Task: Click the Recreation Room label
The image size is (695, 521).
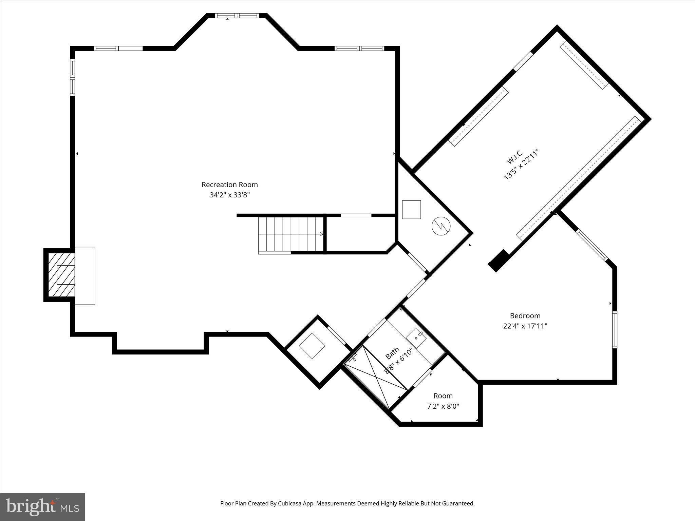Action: click(x=229, y=185)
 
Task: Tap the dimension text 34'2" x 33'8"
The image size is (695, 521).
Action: click(x=229, y=195)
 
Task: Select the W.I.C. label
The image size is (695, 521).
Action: click(x=515, y=157)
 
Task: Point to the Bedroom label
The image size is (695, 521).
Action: click(x=525, y=316)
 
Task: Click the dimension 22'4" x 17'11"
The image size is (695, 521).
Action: click(x=525, y=326)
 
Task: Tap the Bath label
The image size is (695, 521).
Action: click(x=392, y=353)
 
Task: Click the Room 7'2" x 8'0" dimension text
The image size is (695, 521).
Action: click(x=443, y=406)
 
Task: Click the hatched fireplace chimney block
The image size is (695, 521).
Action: click(x=61, y=275)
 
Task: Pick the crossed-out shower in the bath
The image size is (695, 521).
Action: click(x=376, y=377)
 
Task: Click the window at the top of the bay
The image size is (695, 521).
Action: click(x=237, y=16)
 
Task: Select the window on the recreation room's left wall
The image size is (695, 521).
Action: click(x=72, y=77)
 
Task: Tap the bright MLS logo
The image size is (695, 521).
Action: click(x=42, y=507)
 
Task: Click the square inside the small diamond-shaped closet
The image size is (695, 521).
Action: click(x=312, y=346)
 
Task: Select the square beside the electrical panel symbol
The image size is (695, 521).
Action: click(x=411, y=210)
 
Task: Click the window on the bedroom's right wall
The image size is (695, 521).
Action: click(x=615, y=329)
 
